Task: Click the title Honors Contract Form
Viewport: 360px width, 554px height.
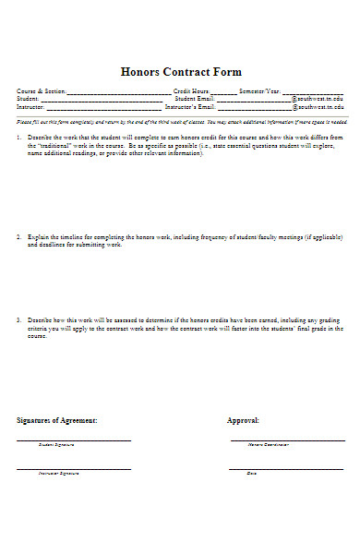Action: point(181,72)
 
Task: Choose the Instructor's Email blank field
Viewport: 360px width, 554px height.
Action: point(254,108)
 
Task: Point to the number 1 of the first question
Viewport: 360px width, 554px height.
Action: point(18,137)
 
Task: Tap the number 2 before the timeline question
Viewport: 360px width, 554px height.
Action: point(18,237)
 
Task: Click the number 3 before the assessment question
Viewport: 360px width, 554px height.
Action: point(18,320)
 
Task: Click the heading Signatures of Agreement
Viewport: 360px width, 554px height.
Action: point(57,420)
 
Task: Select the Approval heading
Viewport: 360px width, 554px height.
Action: point(243,420)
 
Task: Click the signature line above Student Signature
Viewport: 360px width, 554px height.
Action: point(74,440)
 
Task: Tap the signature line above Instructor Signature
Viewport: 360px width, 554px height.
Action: point(74,467)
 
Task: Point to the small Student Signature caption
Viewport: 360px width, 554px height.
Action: point(56,445)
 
